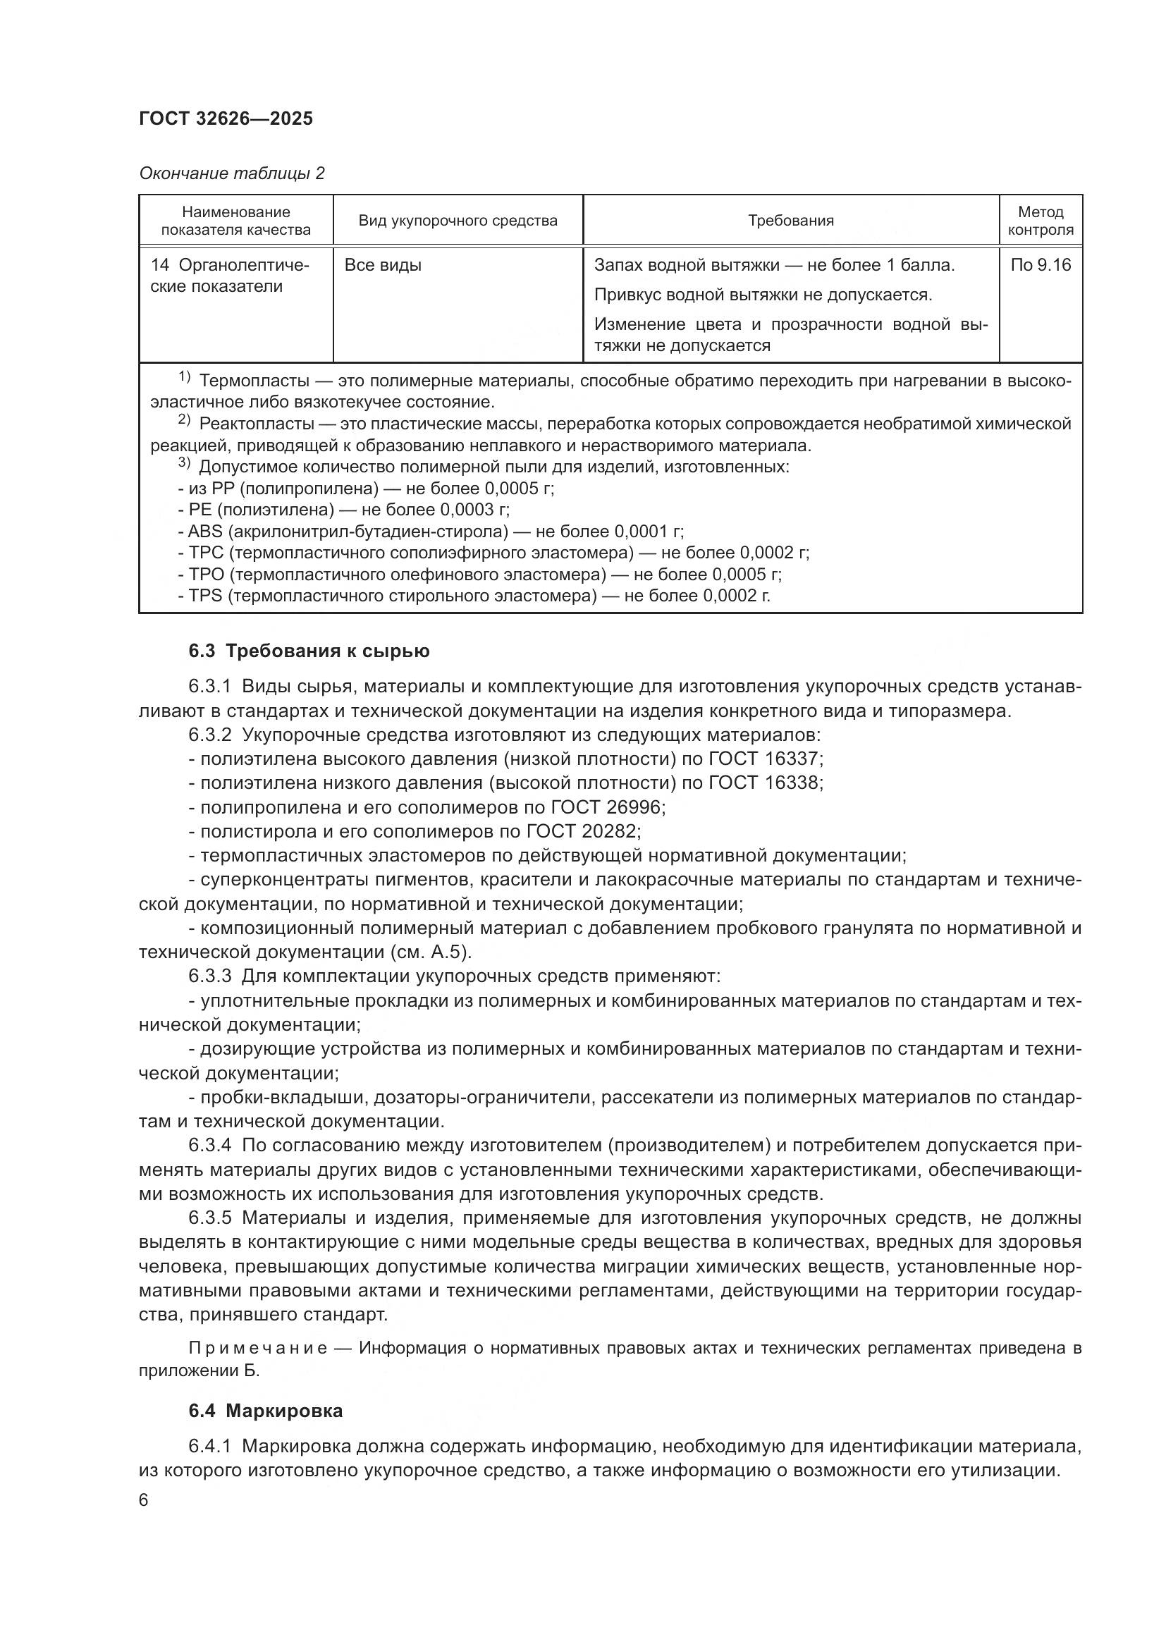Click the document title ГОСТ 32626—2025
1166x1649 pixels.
[226, 119]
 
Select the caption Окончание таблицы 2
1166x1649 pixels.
[231, 173]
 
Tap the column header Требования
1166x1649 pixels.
[790, 221]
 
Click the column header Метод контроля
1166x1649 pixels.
[1041, 221]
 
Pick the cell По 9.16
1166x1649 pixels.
[1041, 265]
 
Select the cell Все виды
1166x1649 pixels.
[383, 265]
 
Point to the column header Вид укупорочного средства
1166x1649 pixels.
[458, 221]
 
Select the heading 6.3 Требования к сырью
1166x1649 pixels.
[309, 651]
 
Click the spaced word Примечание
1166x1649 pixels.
[259, 1348]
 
